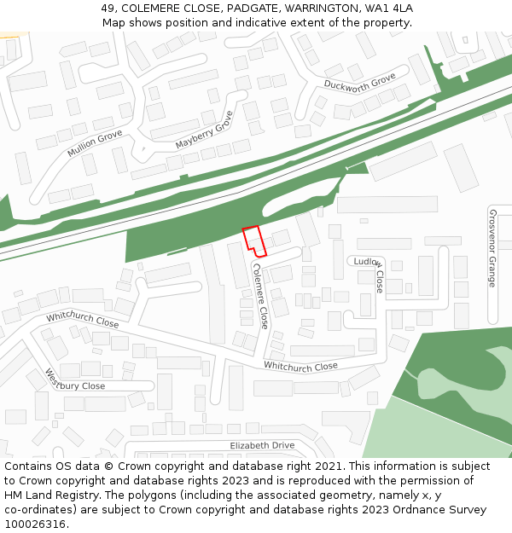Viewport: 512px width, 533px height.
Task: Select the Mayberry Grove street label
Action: (204, 130)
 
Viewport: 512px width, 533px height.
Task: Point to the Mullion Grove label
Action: (95, 142)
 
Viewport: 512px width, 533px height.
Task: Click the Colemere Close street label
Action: (260, 295)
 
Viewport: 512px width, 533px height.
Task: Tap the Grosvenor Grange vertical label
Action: (492, 248)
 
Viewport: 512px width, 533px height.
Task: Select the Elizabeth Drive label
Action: (262, 446)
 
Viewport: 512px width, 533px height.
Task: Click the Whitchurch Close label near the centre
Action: (300, 367)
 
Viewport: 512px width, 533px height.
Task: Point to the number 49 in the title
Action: (108, 8)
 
